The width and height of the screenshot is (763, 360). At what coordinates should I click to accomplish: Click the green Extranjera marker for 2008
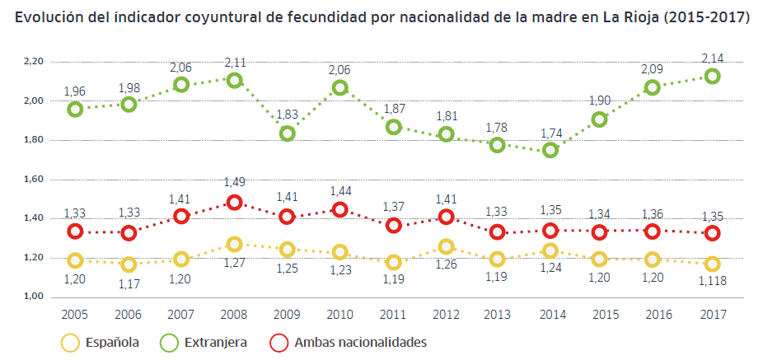[234, 80]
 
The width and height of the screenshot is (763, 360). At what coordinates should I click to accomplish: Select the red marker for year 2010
[340, 209]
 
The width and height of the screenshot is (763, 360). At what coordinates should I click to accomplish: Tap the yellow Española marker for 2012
[447, 246]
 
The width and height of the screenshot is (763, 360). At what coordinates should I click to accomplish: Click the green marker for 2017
[712, 76]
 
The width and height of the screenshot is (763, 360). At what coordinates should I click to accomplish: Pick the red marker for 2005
[75, 231]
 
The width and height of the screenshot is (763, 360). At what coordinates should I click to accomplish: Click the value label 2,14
[712, 57]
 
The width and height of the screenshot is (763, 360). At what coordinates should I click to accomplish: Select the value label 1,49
[234, 183]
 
